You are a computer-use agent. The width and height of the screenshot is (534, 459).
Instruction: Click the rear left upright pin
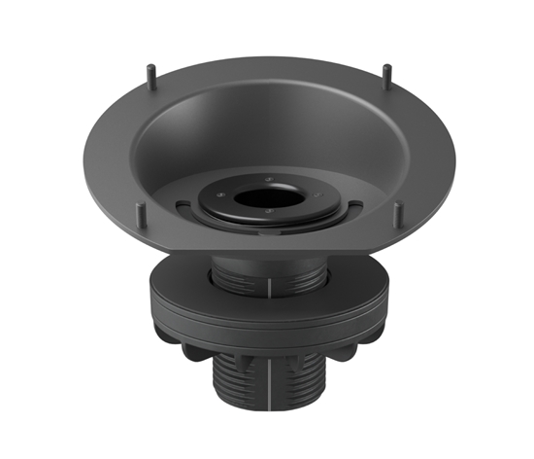pos(151,72)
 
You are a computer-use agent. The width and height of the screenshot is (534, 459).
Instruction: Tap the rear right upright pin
pos(387,72)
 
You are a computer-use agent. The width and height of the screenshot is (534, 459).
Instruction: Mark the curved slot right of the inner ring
pos(351,205)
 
